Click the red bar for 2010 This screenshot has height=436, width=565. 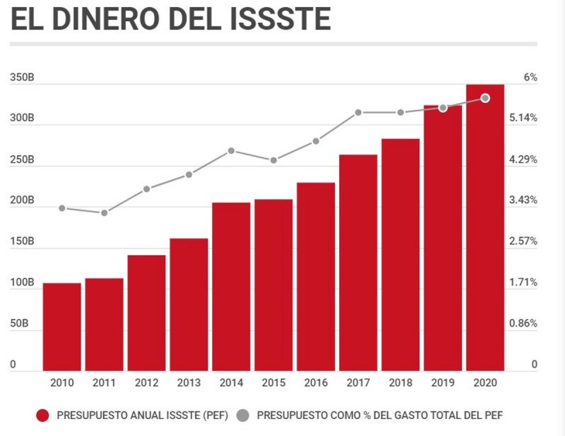(61, 327)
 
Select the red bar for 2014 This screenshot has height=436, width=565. (231, 286)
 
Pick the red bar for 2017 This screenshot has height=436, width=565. (358, 262)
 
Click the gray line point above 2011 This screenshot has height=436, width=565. (105, 212)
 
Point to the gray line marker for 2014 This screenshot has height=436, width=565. (231, 151)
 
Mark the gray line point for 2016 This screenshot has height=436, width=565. (316, 141)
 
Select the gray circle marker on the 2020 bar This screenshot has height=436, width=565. (485, 98)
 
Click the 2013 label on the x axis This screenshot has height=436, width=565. (189, 382)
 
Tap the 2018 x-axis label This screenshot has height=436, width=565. (400, 382)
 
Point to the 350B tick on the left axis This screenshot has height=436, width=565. (22, 78)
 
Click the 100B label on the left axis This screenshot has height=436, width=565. (22, 283)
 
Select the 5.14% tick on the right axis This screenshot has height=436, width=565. (523, 118)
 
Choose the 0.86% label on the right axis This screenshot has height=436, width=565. (523, 324)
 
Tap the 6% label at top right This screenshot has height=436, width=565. (530, 78)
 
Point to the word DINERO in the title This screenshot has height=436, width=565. (109, 20)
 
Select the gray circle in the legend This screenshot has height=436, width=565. (244, 416)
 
